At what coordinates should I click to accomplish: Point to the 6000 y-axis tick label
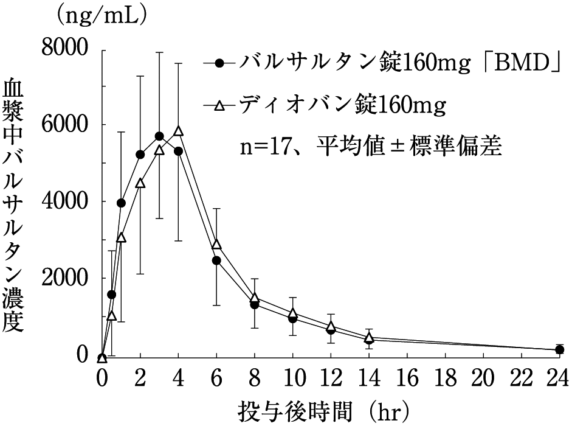pos(65,125)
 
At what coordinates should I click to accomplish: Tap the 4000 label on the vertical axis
pos(65,201)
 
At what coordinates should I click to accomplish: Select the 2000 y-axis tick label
pos(65,278)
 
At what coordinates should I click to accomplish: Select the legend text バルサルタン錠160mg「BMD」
pos(399,61)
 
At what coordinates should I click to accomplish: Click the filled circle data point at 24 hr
pos(559,349)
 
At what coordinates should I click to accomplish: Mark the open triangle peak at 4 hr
pos(179,130)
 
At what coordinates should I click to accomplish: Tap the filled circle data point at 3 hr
pos(159,136)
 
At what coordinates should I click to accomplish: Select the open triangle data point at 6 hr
pos(216,244)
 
